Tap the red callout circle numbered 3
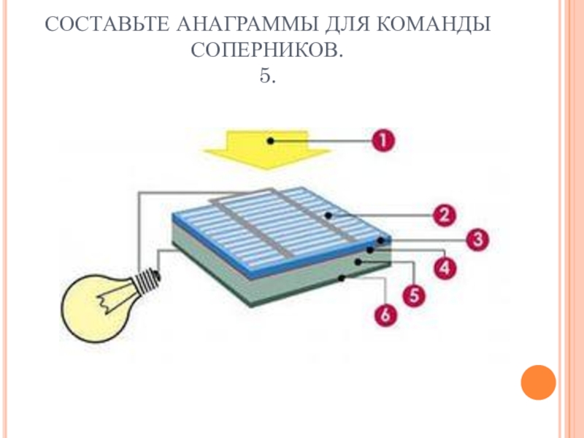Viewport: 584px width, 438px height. tap(477, 239)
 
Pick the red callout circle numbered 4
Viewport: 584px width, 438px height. tap(445, 268)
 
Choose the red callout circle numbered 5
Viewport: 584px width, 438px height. tap(415, 296)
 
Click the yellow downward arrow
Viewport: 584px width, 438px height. tap(266, 150)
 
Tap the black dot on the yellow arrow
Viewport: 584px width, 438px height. tap(270, 139)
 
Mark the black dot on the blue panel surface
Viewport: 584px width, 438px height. tap(329, 215)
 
